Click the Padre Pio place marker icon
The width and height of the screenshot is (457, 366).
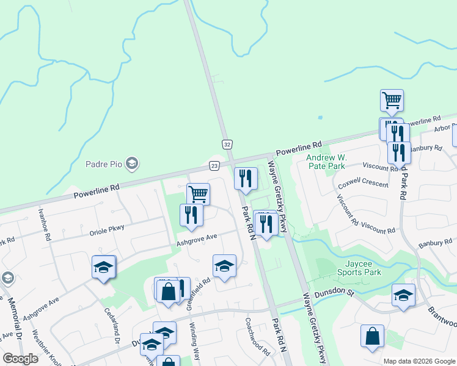click(132, 163)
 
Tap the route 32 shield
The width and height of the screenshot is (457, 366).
click(227, 144)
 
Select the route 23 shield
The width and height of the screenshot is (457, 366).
click(214, 165)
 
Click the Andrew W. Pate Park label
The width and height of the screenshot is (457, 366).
click(326, 161)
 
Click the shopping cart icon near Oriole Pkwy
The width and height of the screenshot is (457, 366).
click(198, 194)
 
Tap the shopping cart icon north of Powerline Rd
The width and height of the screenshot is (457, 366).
click(392, 100)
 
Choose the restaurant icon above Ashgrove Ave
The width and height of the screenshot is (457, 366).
click(191, 215)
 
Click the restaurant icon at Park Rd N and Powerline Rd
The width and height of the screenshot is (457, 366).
click(246, 178)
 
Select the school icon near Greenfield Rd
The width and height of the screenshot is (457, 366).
click(225, 265)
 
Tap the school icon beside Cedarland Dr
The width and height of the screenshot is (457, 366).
click(103, 267)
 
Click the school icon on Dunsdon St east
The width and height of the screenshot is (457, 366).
click(403, 295)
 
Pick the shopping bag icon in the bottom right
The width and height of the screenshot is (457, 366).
click(372, 335)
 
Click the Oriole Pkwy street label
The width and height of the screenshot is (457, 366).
click(106, 228)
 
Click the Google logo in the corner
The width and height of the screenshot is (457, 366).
click(20, 359)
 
